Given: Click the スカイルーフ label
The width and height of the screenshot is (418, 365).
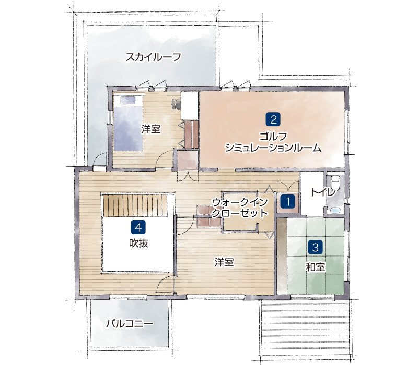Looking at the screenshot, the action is tap(153, 57).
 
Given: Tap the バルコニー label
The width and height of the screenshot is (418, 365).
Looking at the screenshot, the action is tap(130, 323).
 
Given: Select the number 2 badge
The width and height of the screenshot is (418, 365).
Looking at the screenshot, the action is tap(273, 119).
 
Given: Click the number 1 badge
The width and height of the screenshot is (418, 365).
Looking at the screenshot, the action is tap(288, 202).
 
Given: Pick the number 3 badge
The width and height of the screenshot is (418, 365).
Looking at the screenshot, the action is tap(316, 247).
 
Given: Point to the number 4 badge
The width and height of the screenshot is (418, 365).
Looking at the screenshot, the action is tap(138, 227).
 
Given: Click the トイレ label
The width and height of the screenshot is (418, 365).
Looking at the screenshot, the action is tap(322, 192).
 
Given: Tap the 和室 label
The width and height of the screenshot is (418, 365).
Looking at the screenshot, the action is tap(316, 267).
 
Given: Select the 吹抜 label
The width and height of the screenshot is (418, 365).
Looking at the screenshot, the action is tap(138, 243).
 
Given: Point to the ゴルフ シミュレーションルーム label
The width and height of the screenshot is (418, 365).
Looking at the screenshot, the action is tap(273, 142).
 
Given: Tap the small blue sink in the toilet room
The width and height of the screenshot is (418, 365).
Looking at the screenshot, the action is tap(334, 211).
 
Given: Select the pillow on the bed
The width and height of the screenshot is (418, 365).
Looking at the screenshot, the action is tap(127, 100).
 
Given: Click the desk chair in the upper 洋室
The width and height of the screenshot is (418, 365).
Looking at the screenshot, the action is tap(176, 103).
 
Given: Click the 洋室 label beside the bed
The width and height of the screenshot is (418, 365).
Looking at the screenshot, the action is tap(151, 129).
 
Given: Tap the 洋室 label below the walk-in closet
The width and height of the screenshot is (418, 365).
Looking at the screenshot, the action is tap(224, 262).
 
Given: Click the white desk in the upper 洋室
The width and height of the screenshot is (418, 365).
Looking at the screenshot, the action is tap(190, 106).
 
